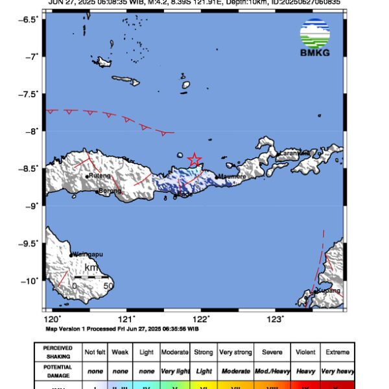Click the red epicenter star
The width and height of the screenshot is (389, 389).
pyautogui.click(x=194, y=159)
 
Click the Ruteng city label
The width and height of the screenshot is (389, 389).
pyautogui.click(x=100, y=176)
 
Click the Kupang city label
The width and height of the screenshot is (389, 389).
pyautogui.click(x=327, y=291)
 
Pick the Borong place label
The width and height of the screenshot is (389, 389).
pyautogui.click(x=110, y=191)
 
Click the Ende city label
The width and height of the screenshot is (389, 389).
pyautogui.click(x=185, y=194)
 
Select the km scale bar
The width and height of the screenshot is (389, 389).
pyautogui.click(x=91, y=277)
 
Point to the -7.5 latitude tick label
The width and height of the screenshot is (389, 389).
pyautogui.click(x=30, y=94)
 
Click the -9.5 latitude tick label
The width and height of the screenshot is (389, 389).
pyautogui.click(x=30, y=244)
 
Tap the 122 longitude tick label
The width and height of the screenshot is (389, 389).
pyautogui.click(x=202, y=319)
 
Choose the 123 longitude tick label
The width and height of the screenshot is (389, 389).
pyautogui.click(x=276, y=319)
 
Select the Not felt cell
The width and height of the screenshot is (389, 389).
pyautogui.click(x=96, y=352)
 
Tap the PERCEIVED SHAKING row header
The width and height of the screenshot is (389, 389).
pyautogui.click(x=58, y=352)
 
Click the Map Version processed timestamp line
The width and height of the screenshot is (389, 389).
pyautogui.click(x=124, y=329)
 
